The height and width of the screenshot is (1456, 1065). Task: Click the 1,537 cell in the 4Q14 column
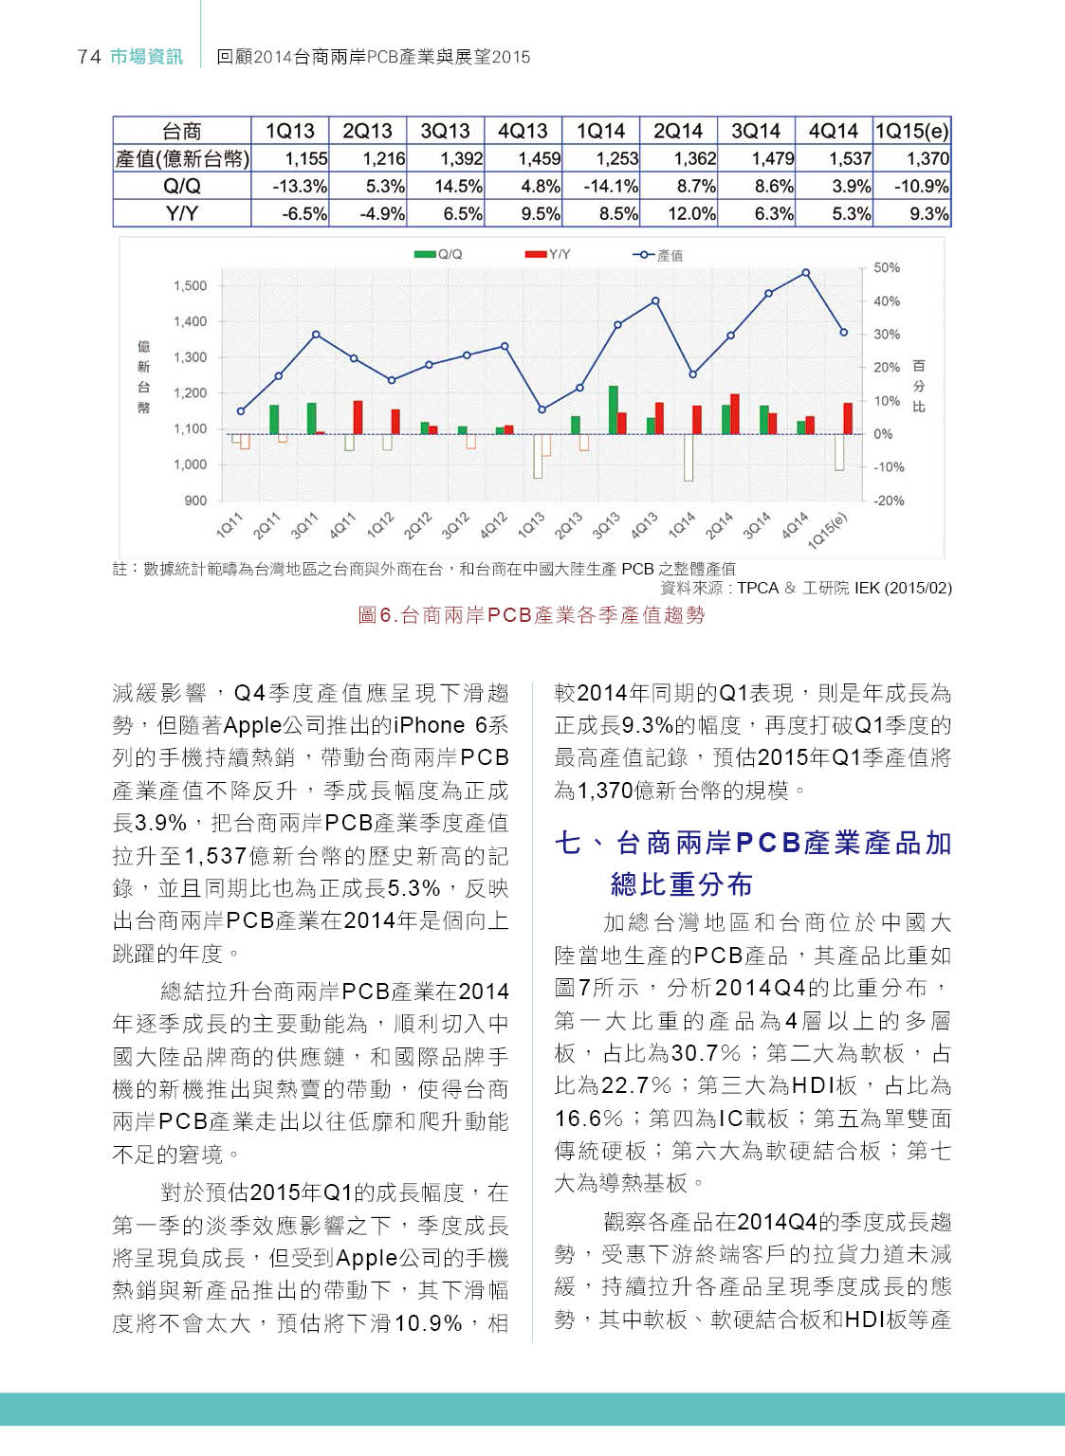pos(850,158)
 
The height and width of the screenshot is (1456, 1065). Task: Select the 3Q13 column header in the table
pos(445,131)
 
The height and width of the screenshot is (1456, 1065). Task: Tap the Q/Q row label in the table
pos(181,186)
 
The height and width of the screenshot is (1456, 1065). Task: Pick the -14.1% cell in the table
pos(612,186)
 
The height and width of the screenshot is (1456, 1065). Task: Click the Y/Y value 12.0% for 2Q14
pos(691,214)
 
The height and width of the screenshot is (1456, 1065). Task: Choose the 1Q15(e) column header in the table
pos(911,131)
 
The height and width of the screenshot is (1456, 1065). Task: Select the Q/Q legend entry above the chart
pos(439,254)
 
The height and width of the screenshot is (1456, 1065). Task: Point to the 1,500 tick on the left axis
pos(190,285)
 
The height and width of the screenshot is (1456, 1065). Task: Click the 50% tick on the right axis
pos(887,268)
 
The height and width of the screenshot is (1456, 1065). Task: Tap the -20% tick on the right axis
pos(889,500)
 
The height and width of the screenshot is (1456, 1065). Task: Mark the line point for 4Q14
pos(806,273)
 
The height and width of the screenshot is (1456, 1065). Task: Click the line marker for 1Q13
pos(542,409)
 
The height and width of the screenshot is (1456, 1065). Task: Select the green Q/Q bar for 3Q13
pos(614,409)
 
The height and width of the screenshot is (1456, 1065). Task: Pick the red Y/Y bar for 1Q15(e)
pos(848,418)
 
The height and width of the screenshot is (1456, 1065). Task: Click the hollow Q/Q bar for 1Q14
pos(689,457)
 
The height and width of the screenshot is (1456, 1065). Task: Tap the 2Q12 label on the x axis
pos(417,525)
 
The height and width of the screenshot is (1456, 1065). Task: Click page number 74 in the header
pos(89,57)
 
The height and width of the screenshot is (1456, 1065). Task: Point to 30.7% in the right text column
pos(706,1053)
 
